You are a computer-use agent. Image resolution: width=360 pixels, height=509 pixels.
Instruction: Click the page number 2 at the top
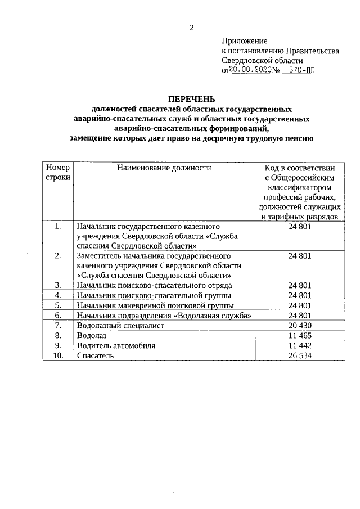pyautogui.click(x=191, y=28)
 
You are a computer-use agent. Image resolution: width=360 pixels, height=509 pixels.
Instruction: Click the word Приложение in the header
pyautogui.click(x=245, y=41)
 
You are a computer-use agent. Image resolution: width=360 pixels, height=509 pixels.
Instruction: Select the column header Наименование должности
pyautogui.click(x=164, y=168)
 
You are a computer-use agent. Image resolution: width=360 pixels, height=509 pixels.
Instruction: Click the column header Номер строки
pyautogui.click(x=58, y=172)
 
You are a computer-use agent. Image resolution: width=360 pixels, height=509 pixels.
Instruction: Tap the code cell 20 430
pyautogui.click(x=299, y=325)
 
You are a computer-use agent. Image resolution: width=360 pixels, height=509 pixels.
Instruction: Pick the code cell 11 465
pyautogui.click(x=299, y=335)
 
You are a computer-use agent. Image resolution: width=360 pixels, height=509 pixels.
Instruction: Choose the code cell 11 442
pyautogui.click(x=299, y=345)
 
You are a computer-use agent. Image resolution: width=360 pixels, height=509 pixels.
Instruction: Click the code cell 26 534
pyautogui.click(x=299, y=355)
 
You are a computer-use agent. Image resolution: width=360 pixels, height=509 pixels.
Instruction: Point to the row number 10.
pyautogui.click(x=58, y=355)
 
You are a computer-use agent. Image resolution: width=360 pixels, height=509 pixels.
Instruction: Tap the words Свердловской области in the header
pyautogui.click(x=263, y=60)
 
